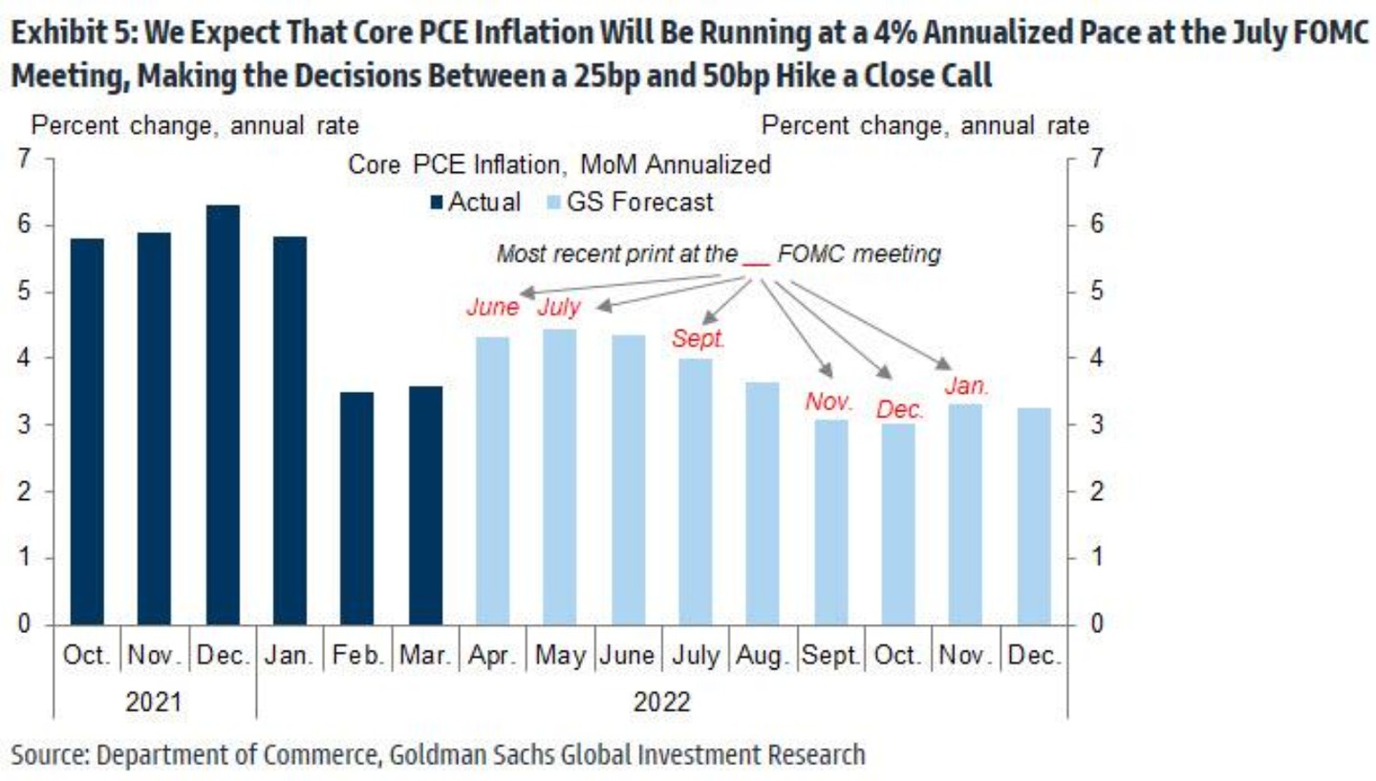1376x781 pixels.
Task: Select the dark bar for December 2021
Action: [223, 415]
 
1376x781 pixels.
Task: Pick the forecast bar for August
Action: [763, 503]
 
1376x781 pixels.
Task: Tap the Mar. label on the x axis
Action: [425, 658]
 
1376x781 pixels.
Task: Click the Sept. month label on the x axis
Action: [830, 658]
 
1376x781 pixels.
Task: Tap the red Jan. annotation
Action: [966, 387]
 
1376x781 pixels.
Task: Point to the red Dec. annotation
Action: [900, 409]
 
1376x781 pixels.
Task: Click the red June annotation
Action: [492, 308]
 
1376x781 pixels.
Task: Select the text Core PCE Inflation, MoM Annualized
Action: [559, 164]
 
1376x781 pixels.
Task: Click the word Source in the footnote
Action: [48, 754]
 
